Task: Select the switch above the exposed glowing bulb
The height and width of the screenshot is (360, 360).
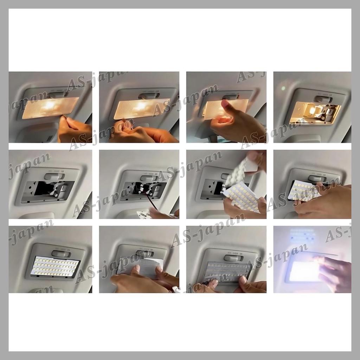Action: point(323,99)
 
